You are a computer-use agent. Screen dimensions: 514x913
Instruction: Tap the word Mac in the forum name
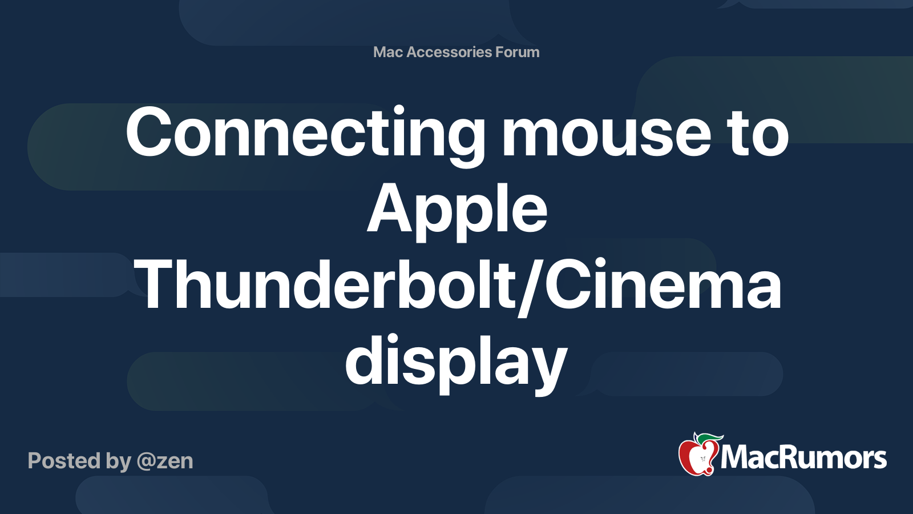point(388,52)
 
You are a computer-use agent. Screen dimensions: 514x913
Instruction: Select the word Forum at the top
point(517,52)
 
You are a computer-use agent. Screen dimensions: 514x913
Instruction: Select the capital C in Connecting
point(149,133)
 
